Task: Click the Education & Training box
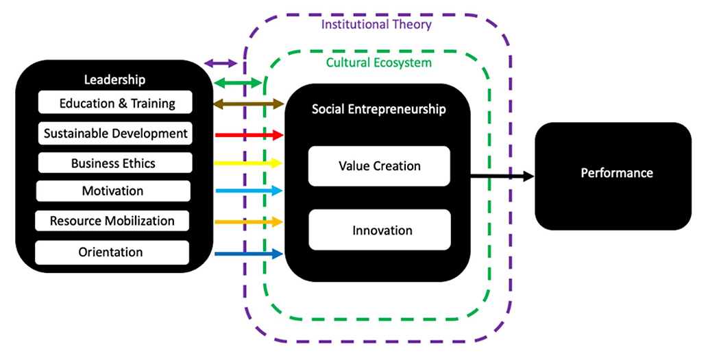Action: tap(115, 104)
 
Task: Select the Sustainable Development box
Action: tap(115, 133)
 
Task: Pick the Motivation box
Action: tap(112, 191)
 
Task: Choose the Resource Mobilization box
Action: tap(112, 221)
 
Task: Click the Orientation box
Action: tap(111, 252)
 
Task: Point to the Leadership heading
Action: tap(114, 80)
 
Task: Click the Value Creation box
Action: tap(379, 166)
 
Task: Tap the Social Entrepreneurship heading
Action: tap(378, 109)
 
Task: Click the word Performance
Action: tap(617, 173)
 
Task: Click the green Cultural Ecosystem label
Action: tap(378, 62)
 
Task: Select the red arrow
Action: tap(249, 134)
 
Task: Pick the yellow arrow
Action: tap(249, 163)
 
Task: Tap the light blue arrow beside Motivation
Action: tap(249, 191)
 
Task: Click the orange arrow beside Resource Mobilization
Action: tap(249, 221)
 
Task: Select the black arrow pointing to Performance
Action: tap(502, 176)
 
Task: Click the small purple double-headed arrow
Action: tap(221, 64)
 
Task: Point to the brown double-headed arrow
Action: tap(249, 104)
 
